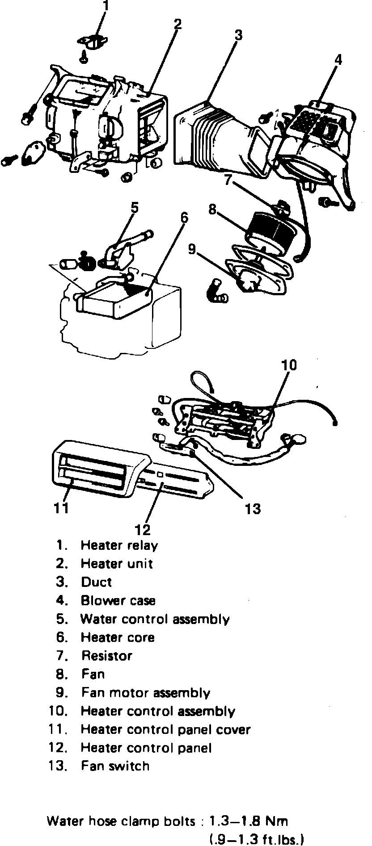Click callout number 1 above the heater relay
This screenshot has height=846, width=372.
click(106, 6)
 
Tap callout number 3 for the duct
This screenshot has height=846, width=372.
click(238, 34)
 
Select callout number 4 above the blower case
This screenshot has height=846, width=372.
click(338, 59)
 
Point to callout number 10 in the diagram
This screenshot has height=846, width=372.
click(289, 365)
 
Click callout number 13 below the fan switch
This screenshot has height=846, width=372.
click(253, 508)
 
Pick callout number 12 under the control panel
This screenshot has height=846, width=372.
click(143, 529)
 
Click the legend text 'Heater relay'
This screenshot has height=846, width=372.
click(119, 545)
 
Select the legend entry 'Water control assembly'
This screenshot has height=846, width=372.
click(155, 619)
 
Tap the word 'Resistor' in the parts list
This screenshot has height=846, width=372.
click(107, 656)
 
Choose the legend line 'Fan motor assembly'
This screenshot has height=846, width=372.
click(145, 693)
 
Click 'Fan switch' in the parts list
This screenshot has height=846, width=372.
click(115, 766)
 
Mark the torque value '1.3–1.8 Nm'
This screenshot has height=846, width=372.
click(250, 821)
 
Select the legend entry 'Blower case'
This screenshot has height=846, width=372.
click(118, 600)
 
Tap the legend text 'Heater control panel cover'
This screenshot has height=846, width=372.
click(165, 729)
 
